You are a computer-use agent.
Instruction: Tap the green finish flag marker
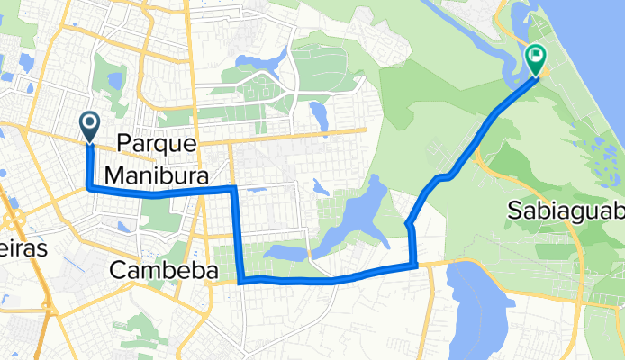[x=536, y=60]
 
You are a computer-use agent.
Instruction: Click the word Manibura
[x=157, y=173]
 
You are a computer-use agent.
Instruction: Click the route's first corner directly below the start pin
[x=88, y=188]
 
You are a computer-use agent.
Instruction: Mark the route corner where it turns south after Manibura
[x=234, y=188]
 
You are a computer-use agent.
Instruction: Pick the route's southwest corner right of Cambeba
[x=242, y=280]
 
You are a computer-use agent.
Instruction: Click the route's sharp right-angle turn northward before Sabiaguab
[x=415, y=265]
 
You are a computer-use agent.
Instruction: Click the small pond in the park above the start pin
[x=115, y=81]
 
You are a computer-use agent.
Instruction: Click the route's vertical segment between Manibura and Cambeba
[x=239, y=234]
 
